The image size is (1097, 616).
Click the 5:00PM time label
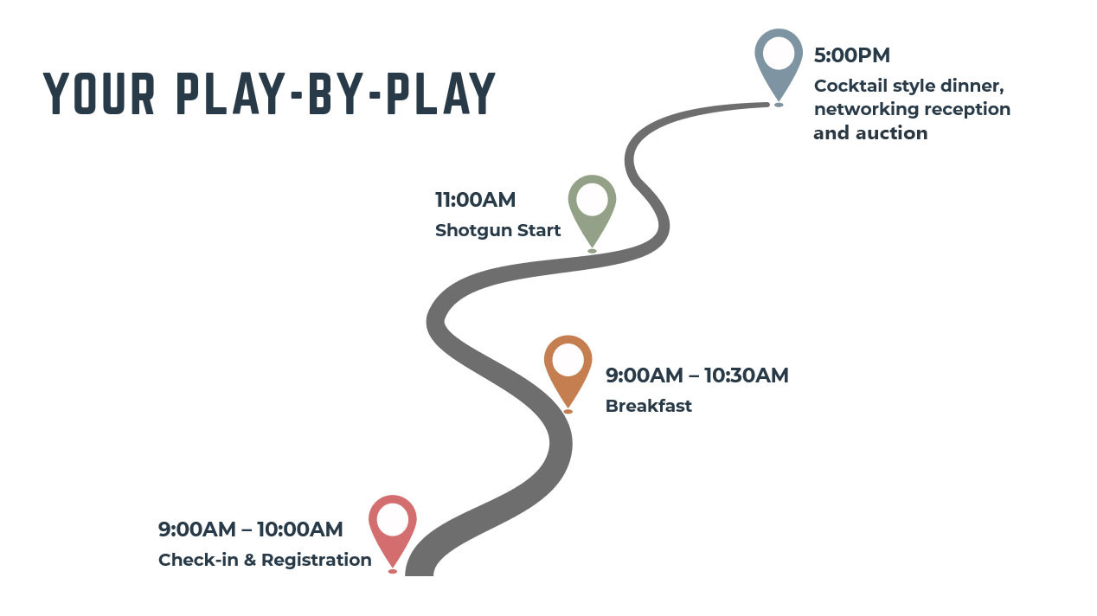coord(851,55)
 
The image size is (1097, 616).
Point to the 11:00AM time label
coord(475,200)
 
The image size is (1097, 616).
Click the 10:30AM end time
coord(747,375)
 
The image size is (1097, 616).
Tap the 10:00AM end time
coord(299,529)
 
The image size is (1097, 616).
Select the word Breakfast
coord(648,406)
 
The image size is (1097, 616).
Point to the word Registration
coord(317,560)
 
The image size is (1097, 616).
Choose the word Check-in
coord(198,560)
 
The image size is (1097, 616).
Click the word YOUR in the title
coord(99,93)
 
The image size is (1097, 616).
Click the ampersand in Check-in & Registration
coord(250,560)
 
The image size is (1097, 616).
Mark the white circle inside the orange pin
coord(568,359)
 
